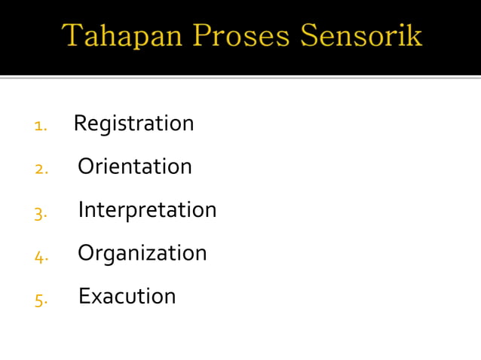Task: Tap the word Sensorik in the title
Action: pyautogui.click(x=361, y=36)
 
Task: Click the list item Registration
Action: pyautogui.click(x=133, y=124)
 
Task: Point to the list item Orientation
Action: pyautogui.click(x=135, y=166)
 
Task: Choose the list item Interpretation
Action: pyautogui.click(x=147, y=210)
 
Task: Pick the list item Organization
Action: pyautogui.click(x=142, y=253)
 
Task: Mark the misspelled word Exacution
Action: pyautogui.click(x=127, y=296)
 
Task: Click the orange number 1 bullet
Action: pyautogui.click(x=40, y=126)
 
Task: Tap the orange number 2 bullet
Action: pyautogui.click(x=41, y=169)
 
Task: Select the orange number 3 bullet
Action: pyautogui.click(x=40, y=213)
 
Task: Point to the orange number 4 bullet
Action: pyautogui.click(x=40, y=257)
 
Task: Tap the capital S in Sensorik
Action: pyautogui.click(x=309, y=35)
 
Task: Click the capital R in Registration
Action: pyautogui.click(x=80, y=123)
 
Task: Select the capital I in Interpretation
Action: pyautogui.click(x=81, y=209)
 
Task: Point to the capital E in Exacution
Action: pyautogui.click(x=84, y=296)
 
